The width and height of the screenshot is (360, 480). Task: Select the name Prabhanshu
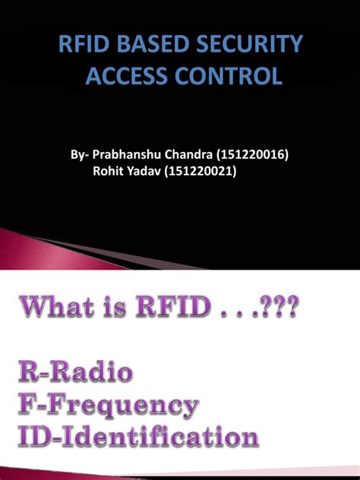127,156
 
